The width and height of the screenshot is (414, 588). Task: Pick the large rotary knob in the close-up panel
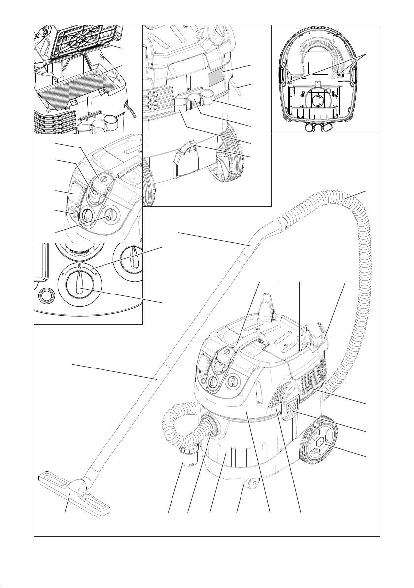[78, 284]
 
